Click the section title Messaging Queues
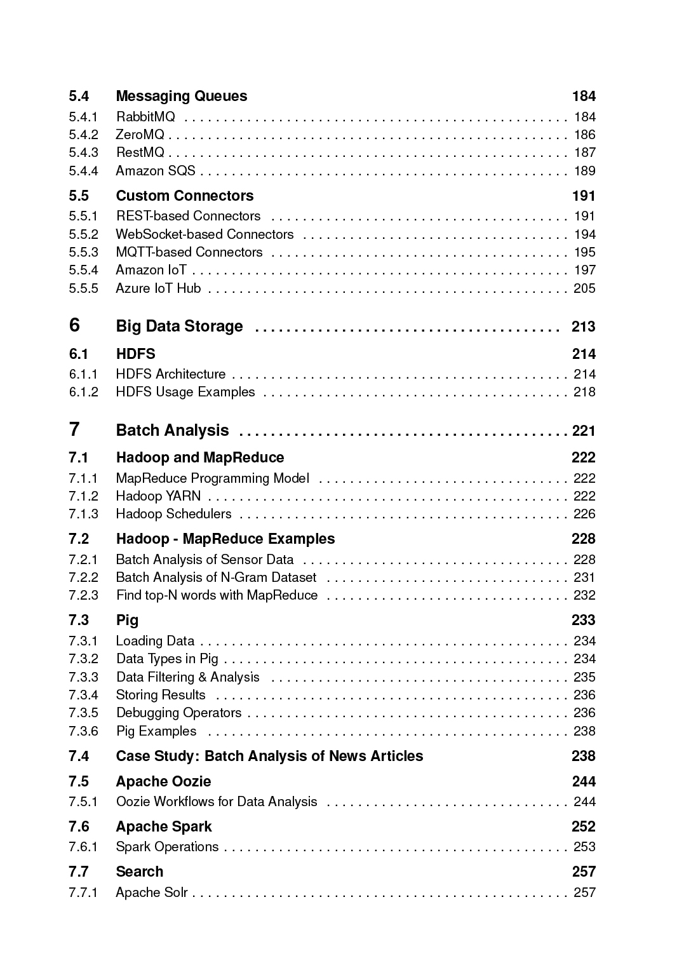[181, 97]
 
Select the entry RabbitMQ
[145, 117]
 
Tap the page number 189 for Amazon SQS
[584, 171]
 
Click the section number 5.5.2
[84, 234]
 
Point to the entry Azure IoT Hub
[158, 288]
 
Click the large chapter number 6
[75, 325]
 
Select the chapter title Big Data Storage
[179, 327]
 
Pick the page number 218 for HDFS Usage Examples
[584, 392]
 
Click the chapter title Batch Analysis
[172, 431]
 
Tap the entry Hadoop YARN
[158, 496]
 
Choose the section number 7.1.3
[84, 514]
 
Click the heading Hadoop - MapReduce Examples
[225, 539]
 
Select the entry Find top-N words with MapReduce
[217, 595]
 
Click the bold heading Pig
[127, 621]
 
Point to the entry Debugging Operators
[178, 713]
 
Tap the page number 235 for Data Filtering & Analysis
[584, 677]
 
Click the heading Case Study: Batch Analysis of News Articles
[269, 757]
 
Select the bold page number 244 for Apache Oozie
[583, 782]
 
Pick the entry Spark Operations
[167, 847]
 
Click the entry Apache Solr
[152, 893]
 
